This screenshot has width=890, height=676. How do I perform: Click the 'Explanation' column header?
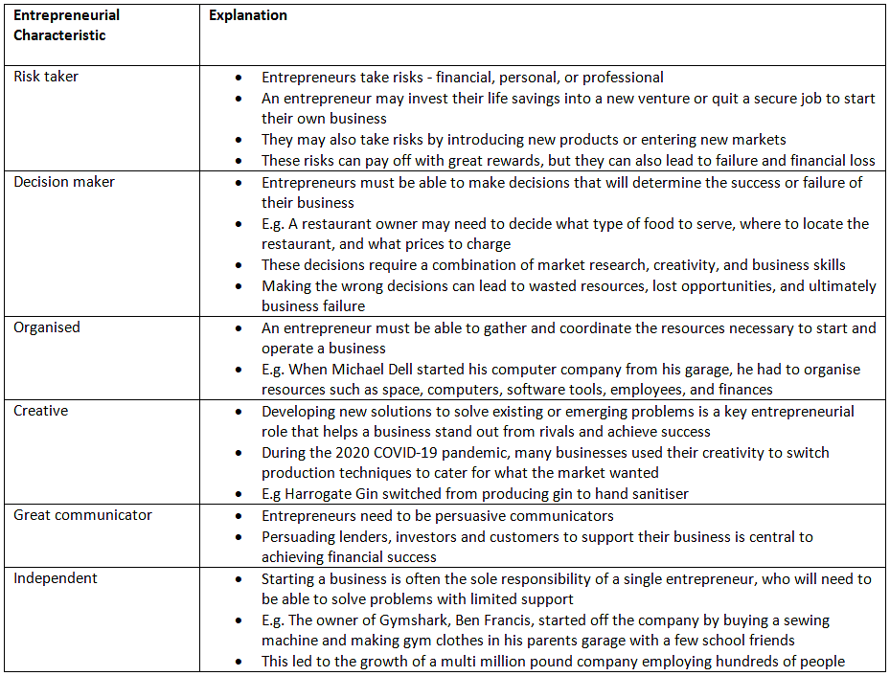click(248, 15)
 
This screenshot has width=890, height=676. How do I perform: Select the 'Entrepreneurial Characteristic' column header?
click(66, 25)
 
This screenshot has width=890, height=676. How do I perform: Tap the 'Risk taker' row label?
click(46, 77)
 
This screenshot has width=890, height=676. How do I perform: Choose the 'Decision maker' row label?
click(65, 182)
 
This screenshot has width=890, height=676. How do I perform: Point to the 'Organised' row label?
click(47, 327)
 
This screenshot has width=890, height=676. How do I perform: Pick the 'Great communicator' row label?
click(82, 515)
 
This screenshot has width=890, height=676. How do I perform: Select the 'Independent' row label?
click(56, 578)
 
